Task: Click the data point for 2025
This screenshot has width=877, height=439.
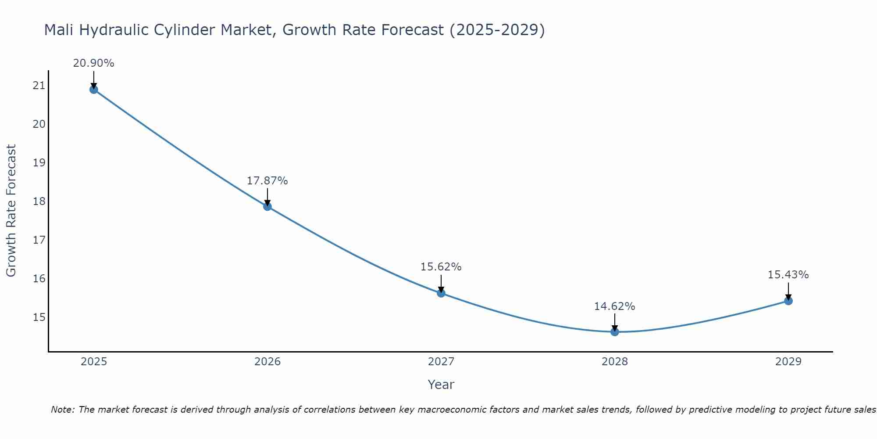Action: point(94,90)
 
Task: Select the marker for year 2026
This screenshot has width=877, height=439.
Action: point(267,206)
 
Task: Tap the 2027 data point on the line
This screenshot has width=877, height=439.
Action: point(441,293)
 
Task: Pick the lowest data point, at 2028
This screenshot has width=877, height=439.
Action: point(615,332)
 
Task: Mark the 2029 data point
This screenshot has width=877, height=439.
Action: point(788,301)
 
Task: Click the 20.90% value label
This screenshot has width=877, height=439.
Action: point(93,63)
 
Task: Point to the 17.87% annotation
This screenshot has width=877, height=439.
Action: point(267,181)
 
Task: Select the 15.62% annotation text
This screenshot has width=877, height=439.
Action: point(441,267)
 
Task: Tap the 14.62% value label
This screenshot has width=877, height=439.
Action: point(614,306)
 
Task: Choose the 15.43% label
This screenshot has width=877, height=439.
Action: point(788,275)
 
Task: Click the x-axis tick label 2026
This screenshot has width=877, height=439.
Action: point(267,362)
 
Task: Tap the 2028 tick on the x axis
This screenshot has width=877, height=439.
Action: point(615,362)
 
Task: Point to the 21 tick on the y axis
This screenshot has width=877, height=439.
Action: point(39,86)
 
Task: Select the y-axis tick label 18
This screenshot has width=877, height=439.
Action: point(39,202)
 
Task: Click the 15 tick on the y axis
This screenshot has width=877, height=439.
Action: point(39,317)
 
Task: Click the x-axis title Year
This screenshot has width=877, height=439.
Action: point(441,385)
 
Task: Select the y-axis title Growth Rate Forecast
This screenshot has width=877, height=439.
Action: point(11,211)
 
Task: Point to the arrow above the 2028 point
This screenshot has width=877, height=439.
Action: point(615,322)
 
